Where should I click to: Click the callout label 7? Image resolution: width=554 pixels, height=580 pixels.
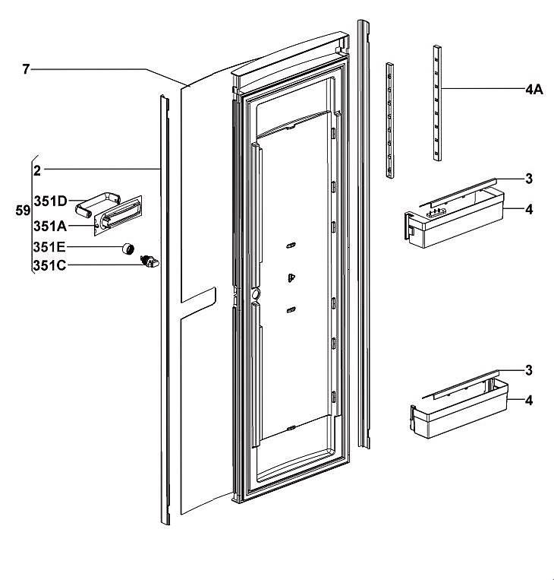25,69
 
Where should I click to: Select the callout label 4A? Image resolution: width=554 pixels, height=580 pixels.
534,89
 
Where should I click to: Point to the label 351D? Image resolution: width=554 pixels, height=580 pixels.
50,201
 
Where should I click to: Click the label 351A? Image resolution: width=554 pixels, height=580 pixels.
49,226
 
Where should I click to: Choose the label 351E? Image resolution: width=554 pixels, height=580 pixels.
49,246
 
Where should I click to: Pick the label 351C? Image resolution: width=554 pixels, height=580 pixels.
49,266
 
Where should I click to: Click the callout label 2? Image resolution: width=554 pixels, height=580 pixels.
37,169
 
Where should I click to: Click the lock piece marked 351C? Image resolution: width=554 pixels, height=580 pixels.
150,262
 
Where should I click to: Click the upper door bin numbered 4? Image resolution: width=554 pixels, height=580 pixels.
448,224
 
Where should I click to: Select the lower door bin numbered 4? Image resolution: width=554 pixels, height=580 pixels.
455,414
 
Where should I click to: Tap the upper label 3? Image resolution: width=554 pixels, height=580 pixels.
529,179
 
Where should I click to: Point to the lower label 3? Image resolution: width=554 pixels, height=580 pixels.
529,370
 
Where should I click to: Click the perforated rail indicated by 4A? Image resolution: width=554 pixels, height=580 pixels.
437,103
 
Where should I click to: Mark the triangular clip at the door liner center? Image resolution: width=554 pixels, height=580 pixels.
291,278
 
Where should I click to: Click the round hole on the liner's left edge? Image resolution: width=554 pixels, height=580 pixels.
254,293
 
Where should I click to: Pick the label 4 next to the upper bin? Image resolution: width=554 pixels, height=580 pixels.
529,208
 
